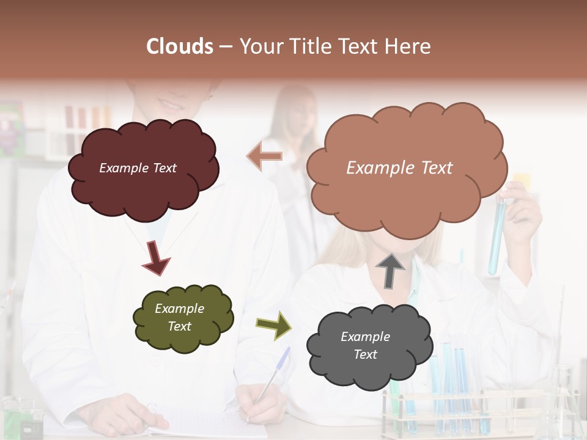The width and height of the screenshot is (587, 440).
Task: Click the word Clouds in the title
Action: (x=180, y=46)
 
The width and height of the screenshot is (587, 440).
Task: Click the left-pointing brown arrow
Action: (x=265, y=156)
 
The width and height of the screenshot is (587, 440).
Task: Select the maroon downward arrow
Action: (x=155, y=257)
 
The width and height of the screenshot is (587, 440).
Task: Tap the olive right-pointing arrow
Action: (x=273, y=325)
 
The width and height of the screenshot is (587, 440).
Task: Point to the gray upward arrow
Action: (x=390, y=270)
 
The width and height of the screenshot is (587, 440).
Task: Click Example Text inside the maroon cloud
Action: (x=138, y=168)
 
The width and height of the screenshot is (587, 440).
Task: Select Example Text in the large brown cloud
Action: (x=399, y=168)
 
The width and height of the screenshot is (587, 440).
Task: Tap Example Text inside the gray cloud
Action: (x=366, y=345)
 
